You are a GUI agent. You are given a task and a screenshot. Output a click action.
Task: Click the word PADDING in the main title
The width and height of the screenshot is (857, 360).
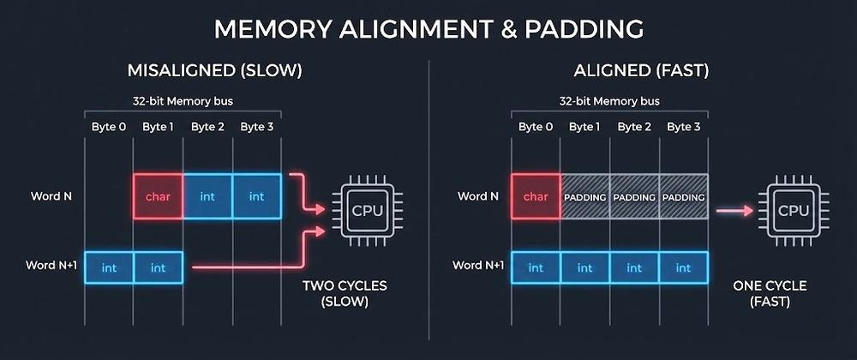(584, 29)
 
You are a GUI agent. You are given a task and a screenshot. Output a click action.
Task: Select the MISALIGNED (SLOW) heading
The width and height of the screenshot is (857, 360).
(214, 71)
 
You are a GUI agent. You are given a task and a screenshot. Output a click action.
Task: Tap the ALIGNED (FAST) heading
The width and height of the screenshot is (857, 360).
(641, 71)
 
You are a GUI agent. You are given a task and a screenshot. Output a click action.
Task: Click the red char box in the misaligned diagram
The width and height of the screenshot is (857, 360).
(158, 196)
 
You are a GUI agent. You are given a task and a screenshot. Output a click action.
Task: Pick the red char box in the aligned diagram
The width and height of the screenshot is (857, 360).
(536, 196)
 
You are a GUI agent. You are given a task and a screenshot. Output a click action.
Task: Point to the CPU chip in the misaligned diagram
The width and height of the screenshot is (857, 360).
(367, 210)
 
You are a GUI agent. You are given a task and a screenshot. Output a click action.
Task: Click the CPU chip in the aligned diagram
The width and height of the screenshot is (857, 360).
(793, 210)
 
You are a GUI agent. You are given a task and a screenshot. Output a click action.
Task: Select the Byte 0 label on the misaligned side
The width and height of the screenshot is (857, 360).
(109, 127)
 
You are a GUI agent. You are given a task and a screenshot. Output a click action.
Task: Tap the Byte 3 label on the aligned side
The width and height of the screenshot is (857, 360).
(683, 127)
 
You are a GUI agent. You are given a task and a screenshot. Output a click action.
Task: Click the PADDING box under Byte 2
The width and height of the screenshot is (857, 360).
(634, 196)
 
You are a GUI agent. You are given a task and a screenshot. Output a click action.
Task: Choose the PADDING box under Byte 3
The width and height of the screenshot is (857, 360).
(683, 196)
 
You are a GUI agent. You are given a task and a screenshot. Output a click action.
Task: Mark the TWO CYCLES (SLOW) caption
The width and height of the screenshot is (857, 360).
(345, 293)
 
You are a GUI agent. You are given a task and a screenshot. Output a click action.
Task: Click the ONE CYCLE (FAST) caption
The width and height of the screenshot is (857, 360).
(770, 293)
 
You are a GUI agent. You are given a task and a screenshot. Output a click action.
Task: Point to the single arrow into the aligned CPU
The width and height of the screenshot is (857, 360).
(734, 211)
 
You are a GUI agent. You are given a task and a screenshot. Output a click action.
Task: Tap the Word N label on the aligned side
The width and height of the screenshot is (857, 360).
(477, 196)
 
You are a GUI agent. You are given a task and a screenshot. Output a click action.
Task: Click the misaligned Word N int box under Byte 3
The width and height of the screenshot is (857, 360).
(257, 196)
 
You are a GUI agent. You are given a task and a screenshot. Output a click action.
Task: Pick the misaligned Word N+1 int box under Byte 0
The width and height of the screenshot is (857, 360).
(109, 267)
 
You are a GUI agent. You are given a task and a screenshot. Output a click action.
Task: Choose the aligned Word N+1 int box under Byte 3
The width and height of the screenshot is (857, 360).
(683, 267)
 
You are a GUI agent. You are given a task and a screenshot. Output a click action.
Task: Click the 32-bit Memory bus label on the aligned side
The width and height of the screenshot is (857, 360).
(609, 101)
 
